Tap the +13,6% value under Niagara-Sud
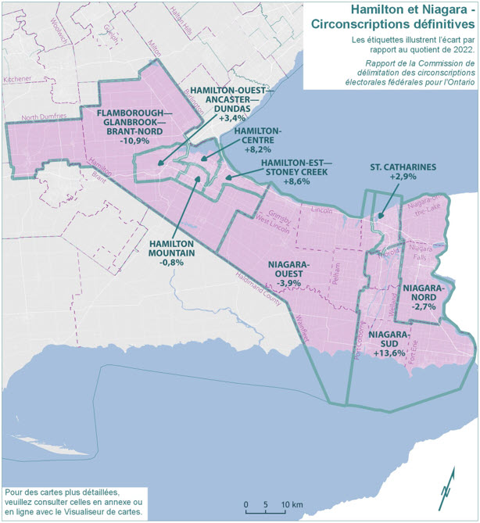389,353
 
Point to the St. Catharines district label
403,167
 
